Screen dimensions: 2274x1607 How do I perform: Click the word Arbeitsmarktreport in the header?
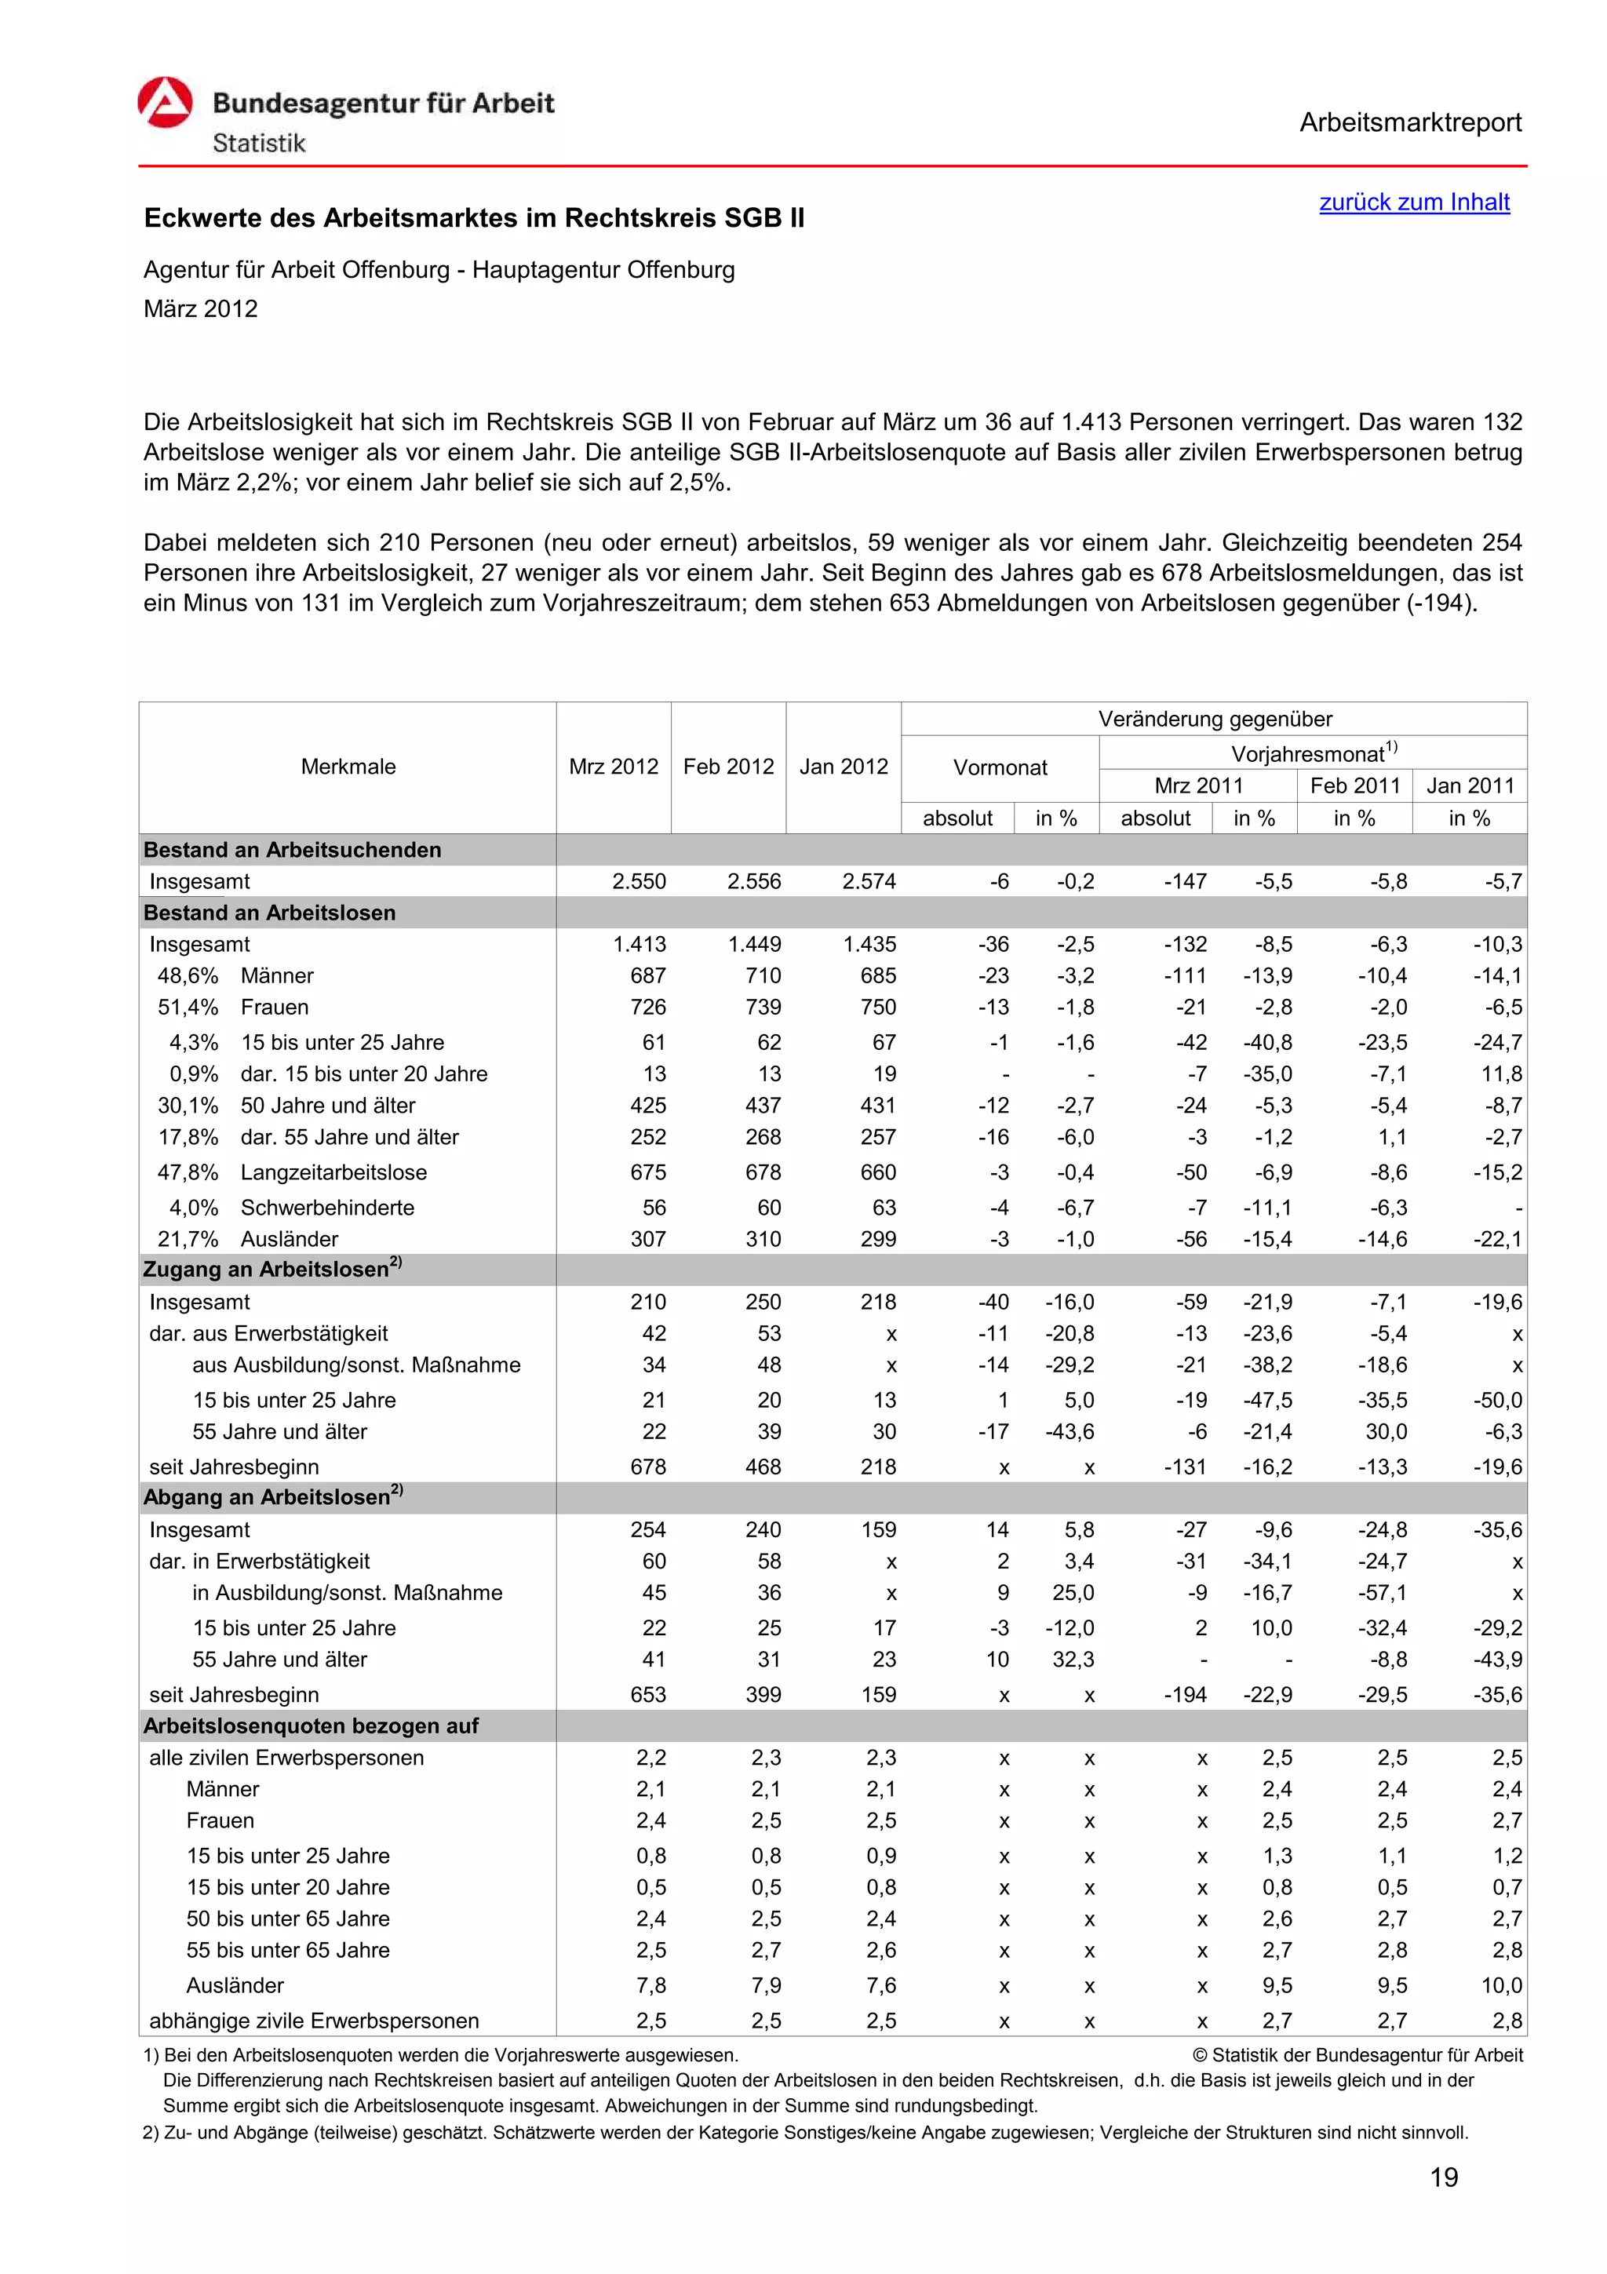[x=1409, y=123]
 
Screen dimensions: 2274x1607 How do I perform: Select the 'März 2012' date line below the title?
[x=201, y=309]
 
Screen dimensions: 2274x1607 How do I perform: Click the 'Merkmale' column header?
[x=348, y=767]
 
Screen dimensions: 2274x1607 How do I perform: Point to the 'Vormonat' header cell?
[x=999, y=767]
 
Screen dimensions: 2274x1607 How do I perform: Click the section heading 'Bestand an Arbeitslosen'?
[x=269, y=913]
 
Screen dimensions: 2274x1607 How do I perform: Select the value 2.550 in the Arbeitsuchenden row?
[x=639, y=881]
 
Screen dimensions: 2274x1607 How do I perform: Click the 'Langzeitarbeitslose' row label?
[x=333, y=1172]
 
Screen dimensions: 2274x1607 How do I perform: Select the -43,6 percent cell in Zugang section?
[x=1070, y=1431]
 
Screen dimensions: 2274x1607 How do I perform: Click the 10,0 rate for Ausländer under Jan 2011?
[x=1501, y=1986]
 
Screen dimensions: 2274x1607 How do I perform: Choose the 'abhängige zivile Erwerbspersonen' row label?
[x=313, y=2021]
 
